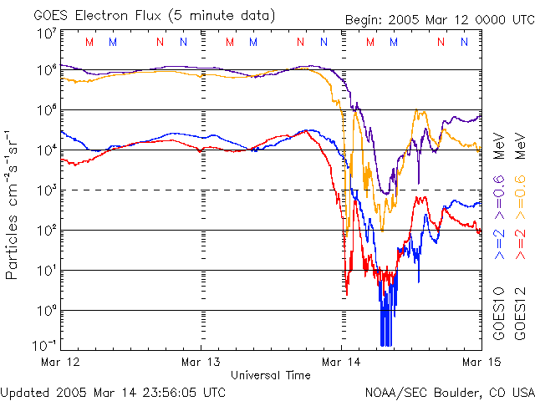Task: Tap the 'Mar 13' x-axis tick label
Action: point(201,362)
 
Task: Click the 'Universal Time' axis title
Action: point(270,375)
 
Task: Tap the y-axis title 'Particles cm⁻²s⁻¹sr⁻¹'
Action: point(14,204)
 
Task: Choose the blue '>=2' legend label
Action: point(499,243)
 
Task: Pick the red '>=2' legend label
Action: point(518,243)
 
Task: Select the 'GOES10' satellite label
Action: point(499,312)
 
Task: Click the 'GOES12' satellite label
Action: point(518,312)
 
